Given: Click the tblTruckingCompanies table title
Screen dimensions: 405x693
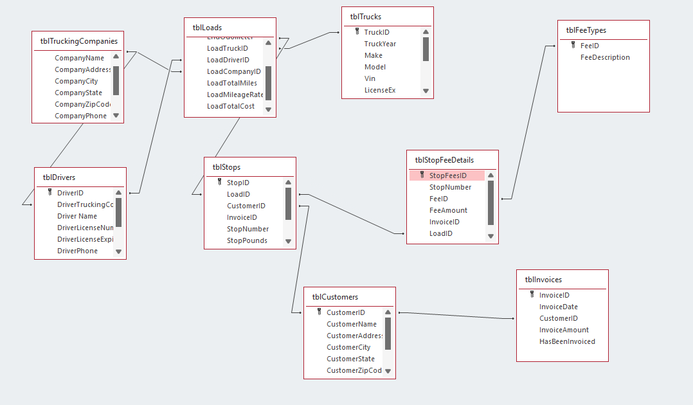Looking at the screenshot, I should point(78,41).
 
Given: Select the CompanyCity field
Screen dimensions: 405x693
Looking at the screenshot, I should point(76,81).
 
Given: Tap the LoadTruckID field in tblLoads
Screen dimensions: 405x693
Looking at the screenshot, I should point(227,48).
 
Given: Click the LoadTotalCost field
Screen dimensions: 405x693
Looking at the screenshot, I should point(230,106).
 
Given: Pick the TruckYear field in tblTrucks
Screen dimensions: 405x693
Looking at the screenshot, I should point(380,44).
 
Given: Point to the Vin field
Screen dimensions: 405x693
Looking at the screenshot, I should point(370,78).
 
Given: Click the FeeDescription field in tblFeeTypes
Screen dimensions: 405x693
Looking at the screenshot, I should point(605,57).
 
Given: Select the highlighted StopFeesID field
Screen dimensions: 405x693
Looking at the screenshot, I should point(447,175).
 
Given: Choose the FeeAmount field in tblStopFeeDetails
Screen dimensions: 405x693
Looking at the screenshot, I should point(448,210).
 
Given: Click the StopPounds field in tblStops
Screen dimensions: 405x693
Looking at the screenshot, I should point(247,240).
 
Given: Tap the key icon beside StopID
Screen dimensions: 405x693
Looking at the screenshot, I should point(219,182).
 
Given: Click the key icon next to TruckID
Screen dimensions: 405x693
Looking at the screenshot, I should point(357,32).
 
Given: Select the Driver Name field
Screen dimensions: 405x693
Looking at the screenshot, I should point(77,216).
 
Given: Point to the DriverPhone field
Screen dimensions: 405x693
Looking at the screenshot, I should point(77,251).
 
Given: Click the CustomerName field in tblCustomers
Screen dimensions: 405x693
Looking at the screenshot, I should point(352,324).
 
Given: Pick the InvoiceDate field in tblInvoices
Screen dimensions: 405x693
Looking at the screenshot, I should point(558,307).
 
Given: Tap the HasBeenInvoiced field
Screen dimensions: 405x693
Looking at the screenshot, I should point(567,341).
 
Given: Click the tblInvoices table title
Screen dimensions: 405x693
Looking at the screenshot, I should point(543,280).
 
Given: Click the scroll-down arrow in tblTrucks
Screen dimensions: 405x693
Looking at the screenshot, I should point(426,91).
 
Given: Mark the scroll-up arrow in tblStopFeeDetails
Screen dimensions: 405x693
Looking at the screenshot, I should point(491,175).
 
